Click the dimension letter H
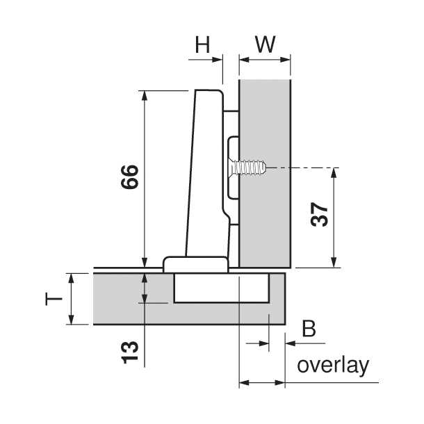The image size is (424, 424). coord(202,45)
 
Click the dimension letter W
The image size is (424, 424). coord(264,45)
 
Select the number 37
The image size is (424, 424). coord(319,218)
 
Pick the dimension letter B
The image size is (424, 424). coord(309,329)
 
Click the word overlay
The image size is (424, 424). coord(332,366)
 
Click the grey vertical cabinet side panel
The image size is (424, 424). coord(264,209)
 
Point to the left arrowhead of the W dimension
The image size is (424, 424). coord(243,60)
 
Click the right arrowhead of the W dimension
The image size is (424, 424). coord(286,60)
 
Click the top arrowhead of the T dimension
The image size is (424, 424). coord(72,277)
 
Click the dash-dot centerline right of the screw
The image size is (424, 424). coord(306,168)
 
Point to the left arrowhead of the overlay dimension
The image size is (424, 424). coord(243,382)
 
